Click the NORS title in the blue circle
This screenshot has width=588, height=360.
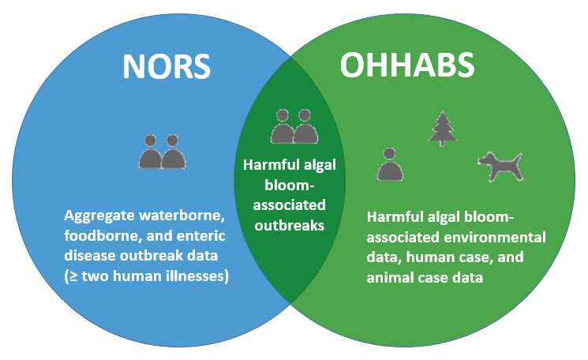(167, 66)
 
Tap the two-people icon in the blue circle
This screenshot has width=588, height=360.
(162, 152)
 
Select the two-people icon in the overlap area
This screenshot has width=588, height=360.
(293, 126)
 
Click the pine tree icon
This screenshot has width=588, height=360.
(443, 128)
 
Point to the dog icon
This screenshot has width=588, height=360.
(500, 166)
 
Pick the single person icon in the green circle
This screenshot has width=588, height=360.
(389, 164)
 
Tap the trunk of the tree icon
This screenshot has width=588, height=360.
(443, 142)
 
